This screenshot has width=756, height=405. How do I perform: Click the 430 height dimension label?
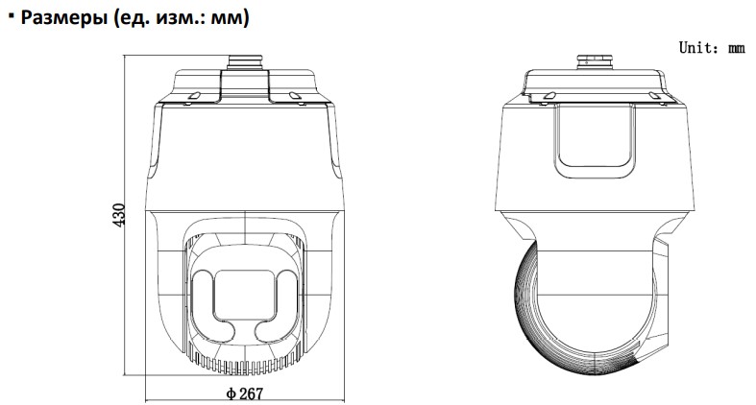click(118, 215)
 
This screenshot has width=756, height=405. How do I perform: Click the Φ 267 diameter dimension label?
click(245, 393)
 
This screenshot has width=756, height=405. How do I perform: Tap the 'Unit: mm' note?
click(712, 48)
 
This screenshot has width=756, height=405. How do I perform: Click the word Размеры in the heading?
click(64, 17)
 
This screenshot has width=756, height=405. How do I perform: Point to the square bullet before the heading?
click(12, 16)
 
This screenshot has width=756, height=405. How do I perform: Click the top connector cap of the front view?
click(245, 62)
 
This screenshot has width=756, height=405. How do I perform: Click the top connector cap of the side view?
click(595, 62)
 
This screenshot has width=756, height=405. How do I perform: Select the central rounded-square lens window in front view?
click(245, 295)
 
